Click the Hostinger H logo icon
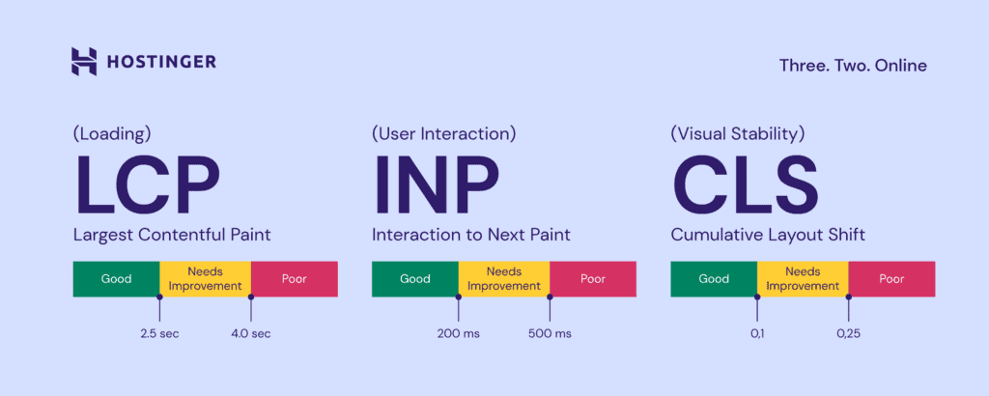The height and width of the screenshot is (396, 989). coord(85,62)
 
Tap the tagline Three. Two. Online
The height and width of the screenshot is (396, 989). coord(853,66)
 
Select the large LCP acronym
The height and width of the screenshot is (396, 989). coord(147,185)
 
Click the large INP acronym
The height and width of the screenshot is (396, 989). coord(436,185)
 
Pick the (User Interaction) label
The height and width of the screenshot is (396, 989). coord(443,133)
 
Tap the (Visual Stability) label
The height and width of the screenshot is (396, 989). coord(737,133)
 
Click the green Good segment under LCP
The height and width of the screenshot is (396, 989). coord(116,279)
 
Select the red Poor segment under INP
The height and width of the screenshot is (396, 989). coord(593,279)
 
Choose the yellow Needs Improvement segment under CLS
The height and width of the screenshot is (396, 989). coord(803,279)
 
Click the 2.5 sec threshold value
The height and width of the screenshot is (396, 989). coord(159,334)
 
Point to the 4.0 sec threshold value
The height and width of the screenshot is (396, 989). coord(250,334)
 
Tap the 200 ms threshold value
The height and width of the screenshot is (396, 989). coord(458,334)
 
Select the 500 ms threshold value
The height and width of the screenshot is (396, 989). coord(550,334)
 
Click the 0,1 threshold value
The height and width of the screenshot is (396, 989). coord(757,334)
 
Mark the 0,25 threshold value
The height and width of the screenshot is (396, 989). coord(849,334)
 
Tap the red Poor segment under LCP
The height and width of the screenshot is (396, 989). coord(295,279)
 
